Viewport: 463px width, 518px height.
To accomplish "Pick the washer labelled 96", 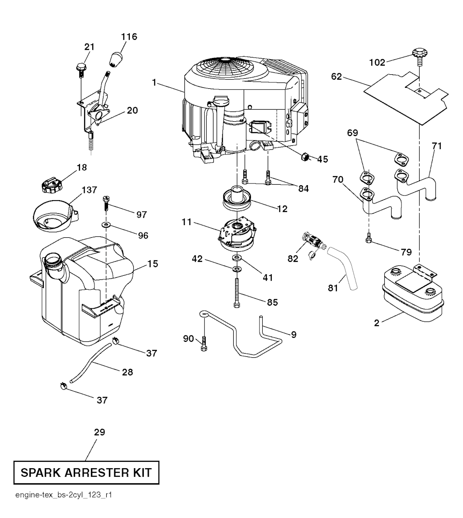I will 107,224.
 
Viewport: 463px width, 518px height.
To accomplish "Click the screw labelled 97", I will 107,202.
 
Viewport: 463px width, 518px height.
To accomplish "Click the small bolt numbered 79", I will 369,236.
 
